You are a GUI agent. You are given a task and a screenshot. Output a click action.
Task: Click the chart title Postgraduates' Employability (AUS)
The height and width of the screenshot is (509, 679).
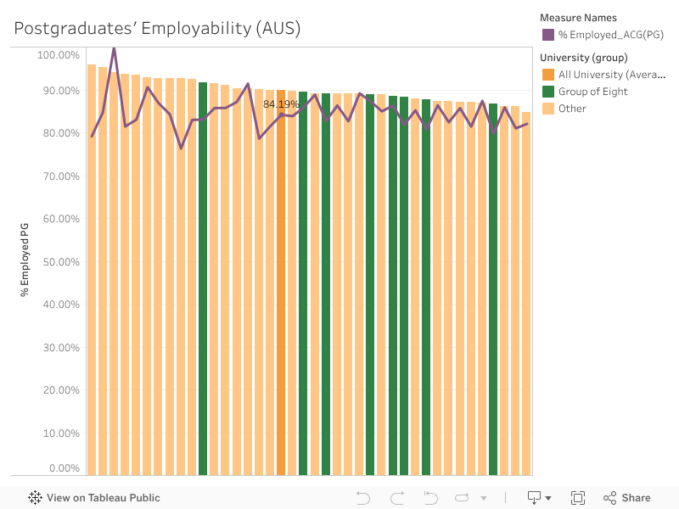coord(157,28)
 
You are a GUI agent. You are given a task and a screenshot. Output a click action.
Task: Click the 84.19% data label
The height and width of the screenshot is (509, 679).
coord(281,104)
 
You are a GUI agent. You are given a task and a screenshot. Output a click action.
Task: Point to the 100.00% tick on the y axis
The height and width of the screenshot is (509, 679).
coord(59,55)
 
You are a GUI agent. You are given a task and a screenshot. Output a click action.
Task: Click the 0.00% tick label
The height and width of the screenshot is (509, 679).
coord(64,468)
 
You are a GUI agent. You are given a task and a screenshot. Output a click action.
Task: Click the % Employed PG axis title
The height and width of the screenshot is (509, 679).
coord(25,260)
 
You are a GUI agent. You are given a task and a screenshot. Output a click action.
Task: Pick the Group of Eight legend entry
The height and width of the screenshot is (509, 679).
coord(592,92)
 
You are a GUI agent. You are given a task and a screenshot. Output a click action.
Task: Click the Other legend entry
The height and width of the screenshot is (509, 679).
coord(572,109)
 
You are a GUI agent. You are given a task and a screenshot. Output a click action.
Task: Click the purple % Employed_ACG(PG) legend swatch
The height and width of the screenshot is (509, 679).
coord(547,35)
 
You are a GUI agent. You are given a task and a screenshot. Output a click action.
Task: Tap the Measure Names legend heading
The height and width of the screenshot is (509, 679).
coord(578,18)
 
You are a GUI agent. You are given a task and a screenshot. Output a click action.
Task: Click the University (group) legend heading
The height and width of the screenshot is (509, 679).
coord(583,58)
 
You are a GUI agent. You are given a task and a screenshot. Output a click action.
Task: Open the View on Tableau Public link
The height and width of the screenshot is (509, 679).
coord(94,498)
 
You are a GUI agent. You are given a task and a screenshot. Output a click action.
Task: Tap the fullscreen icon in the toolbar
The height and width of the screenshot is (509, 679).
coord(578,498)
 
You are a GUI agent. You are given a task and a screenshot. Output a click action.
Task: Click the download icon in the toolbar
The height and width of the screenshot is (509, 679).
coord(535,498)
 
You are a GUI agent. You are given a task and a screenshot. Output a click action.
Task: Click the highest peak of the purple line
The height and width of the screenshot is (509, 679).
coord(114,48)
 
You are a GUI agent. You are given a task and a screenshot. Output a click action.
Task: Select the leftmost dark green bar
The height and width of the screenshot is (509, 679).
coord(203,280)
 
